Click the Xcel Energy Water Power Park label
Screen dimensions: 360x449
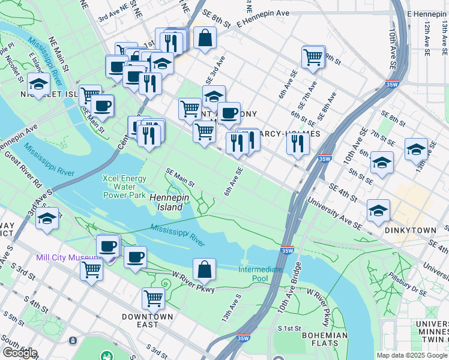[124, 187]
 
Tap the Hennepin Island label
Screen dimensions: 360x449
[166, 202]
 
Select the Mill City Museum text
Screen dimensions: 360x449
[67, 257]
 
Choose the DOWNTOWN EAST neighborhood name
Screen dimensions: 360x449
[147, 316]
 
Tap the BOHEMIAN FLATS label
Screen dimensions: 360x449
[325, 340]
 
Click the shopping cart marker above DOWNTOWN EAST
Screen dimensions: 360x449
[154, 297]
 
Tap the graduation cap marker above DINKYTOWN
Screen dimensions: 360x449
[378, 211]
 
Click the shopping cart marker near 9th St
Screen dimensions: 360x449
[313, 57]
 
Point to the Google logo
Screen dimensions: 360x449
[20, 353]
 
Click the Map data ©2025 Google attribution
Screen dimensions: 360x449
[411, 355]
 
